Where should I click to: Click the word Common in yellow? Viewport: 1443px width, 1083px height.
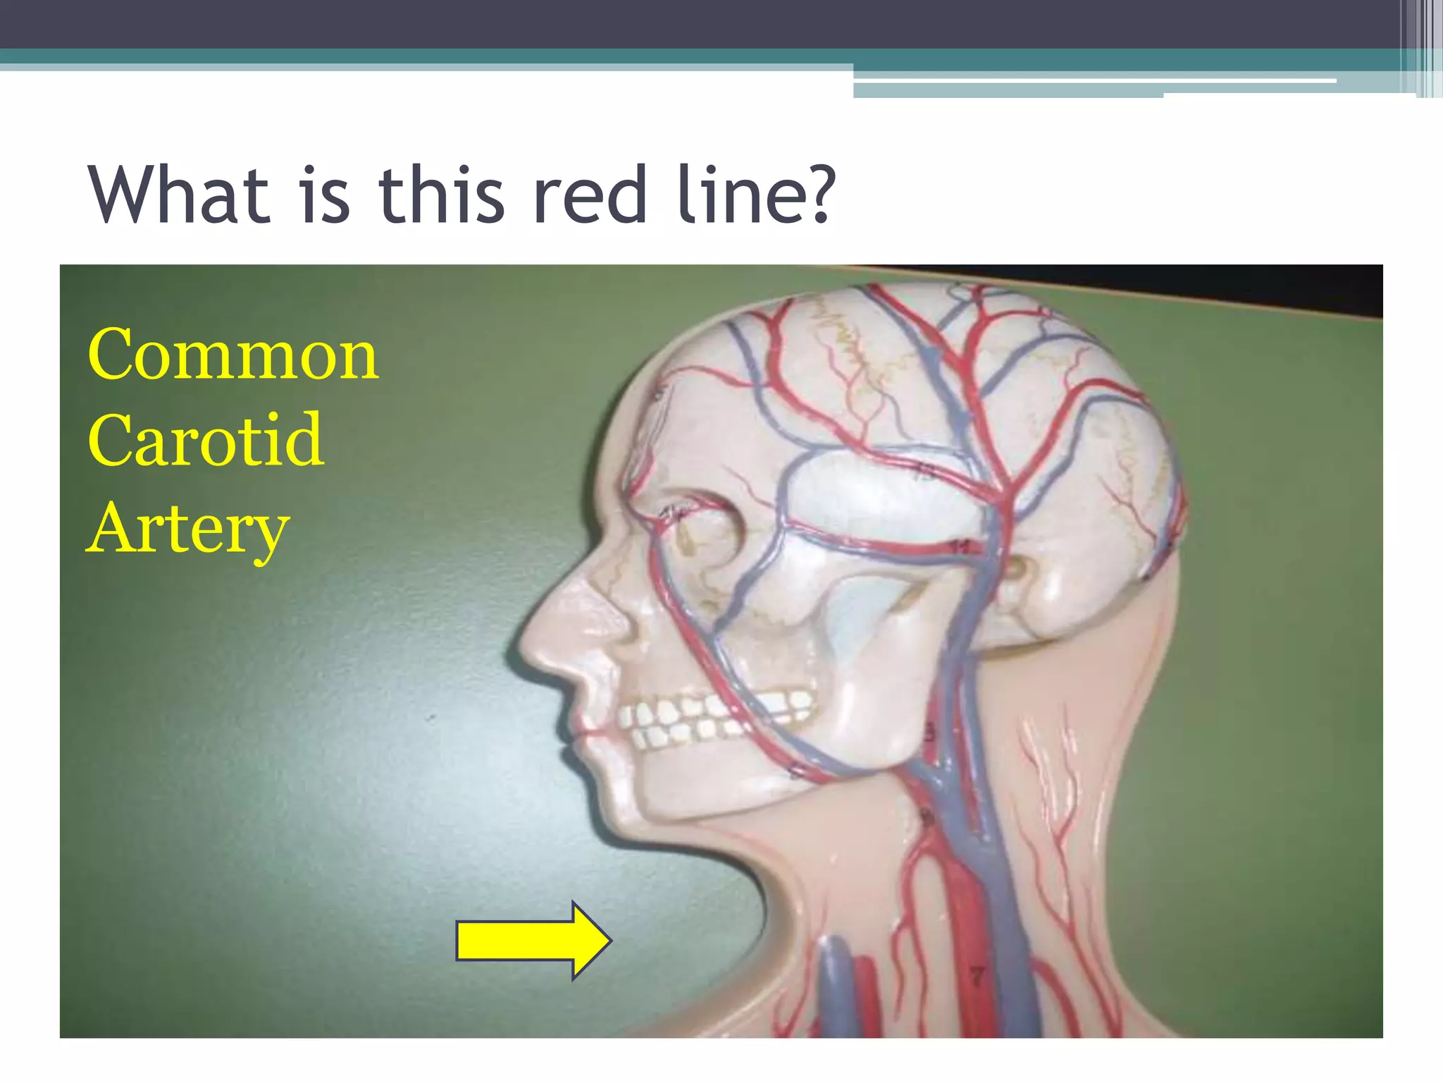click(233, 355)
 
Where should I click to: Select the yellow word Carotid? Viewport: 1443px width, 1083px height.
click(206, 441)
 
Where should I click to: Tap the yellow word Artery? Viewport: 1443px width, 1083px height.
click(188, 529)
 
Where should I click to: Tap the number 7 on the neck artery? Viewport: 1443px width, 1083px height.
click(977, 976)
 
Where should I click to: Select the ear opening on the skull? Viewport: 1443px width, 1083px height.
click(1015, 568)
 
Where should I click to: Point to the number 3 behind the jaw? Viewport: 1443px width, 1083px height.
click(929, 733)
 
